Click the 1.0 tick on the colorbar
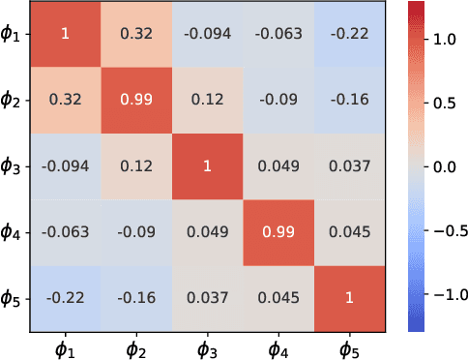click(445, 42)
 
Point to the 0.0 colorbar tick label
click(445, 166)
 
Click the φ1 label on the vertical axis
click(16, 35)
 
